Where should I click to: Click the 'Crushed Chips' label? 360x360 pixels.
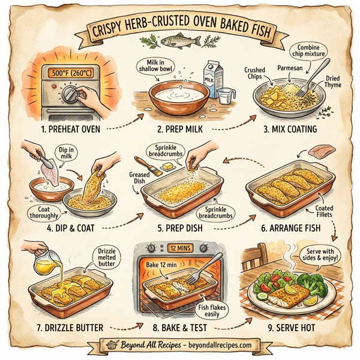255,74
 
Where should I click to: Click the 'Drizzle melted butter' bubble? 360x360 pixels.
104,257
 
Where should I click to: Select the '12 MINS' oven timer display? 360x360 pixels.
179,246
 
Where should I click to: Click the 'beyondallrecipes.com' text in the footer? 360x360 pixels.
220,346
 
